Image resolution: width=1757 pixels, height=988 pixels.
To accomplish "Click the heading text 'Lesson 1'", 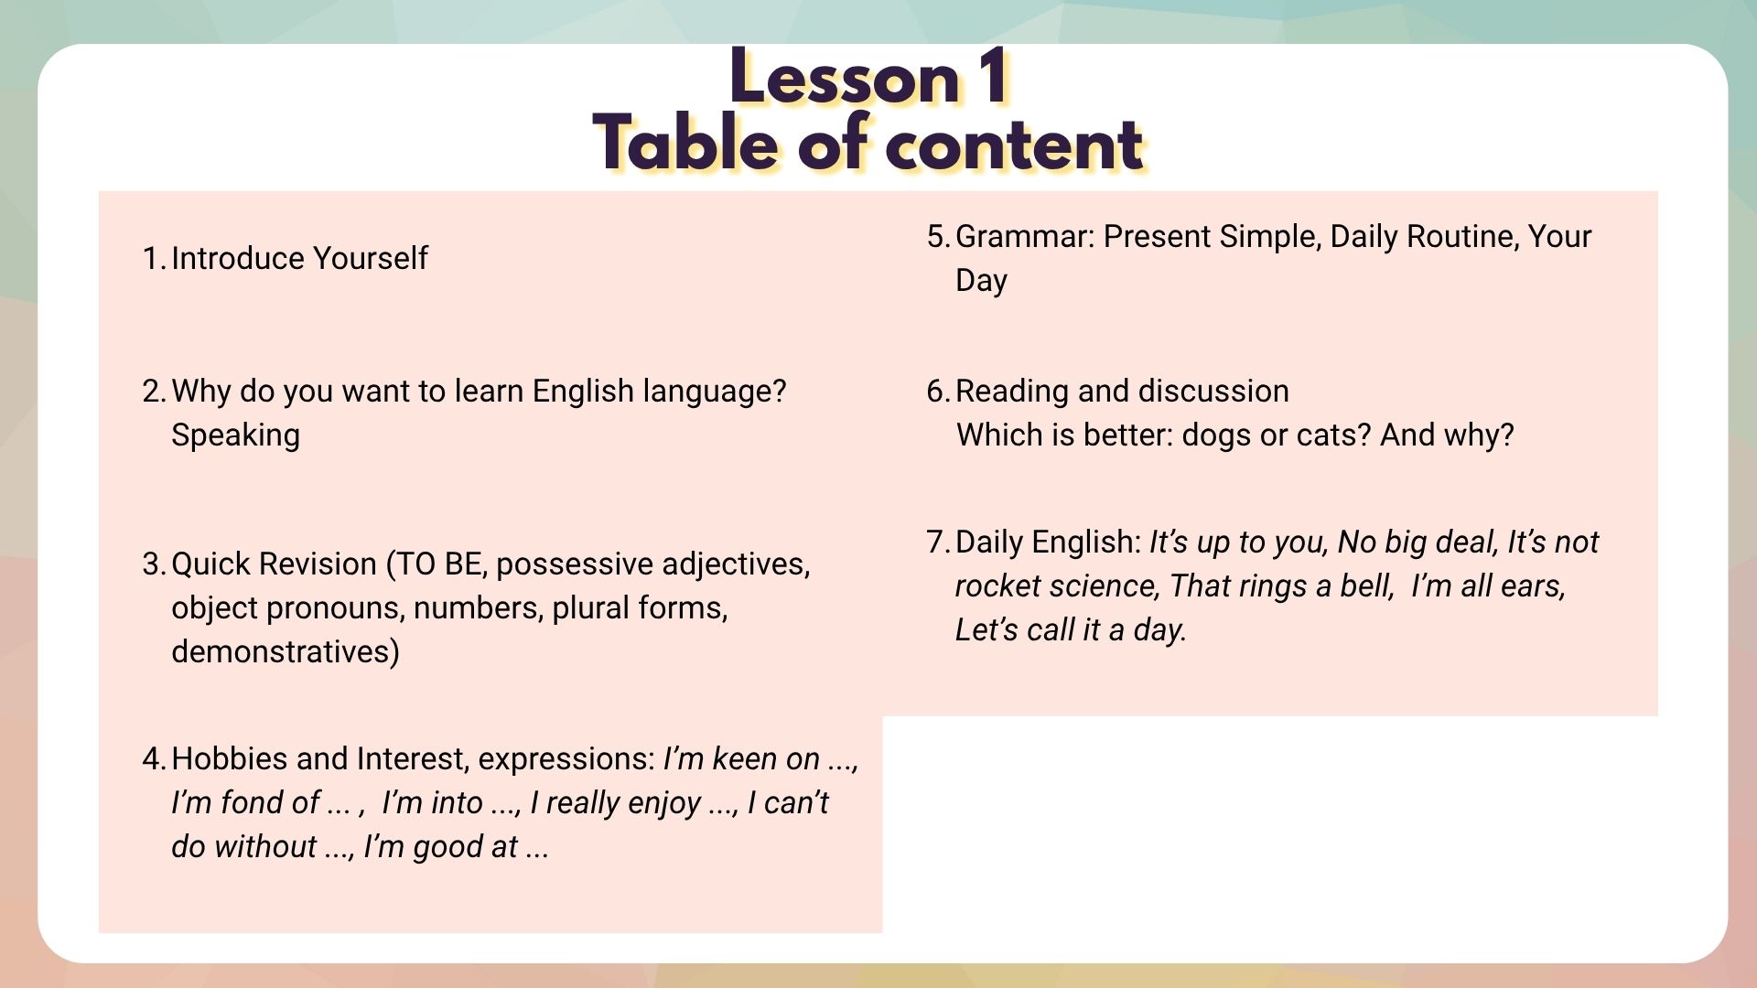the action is [x=869, y=78].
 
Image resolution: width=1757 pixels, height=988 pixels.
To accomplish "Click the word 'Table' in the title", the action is [x=686, y=144].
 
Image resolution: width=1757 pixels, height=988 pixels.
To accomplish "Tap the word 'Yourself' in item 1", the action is [x=370, y=259].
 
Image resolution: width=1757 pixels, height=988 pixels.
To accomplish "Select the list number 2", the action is [x=154, y=392].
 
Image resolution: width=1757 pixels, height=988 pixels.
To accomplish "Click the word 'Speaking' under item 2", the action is [x=235, y=435].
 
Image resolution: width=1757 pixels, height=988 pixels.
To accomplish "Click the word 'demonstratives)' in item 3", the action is [x=286, y=652].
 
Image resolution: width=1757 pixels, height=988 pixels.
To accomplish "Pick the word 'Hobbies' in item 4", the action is [x=229, y=759].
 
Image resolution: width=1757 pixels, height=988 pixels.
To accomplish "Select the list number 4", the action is [x=154, y=759].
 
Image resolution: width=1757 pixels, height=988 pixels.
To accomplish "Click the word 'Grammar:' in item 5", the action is [x=1025, y=237].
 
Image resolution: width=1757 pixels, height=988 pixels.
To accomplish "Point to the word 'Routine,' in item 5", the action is [x=1462, y=237].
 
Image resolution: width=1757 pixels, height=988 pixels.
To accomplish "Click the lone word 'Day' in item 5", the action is [x=981, y=281].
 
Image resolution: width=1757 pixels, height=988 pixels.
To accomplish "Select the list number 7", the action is [x=938, y=542].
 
